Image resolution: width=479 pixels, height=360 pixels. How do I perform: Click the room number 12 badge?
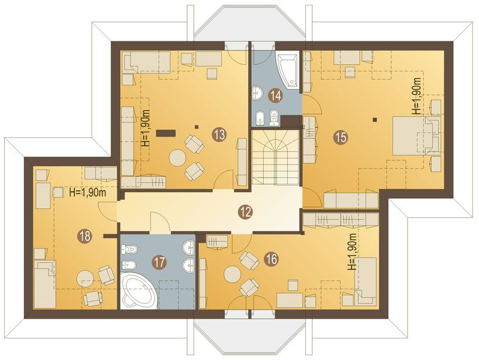click(x=245, y=211)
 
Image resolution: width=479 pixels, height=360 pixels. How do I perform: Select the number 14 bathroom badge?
click(x=275, y=95)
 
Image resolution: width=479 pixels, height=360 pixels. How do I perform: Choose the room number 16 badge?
click(x=270, y=259)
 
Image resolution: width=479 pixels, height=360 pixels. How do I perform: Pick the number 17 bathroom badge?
click(x=159, y=263)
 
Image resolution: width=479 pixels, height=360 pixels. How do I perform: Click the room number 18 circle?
click(x=85, y=236)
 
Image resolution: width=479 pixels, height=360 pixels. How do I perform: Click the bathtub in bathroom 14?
click(x=289, y=71)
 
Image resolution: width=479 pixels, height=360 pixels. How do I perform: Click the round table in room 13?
click(x=178, y=158)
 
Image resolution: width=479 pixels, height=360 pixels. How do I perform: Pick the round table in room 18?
click(x=84, y=278)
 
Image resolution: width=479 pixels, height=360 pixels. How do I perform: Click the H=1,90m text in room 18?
click(x=88, y=193)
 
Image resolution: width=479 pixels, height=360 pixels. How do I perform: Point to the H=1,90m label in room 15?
click(x=416, y=96)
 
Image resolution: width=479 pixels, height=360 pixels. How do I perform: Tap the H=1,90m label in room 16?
click(x=352, y=252)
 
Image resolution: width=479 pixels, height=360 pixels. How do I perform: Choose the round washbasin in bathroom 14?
click(x=257, y=92)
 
